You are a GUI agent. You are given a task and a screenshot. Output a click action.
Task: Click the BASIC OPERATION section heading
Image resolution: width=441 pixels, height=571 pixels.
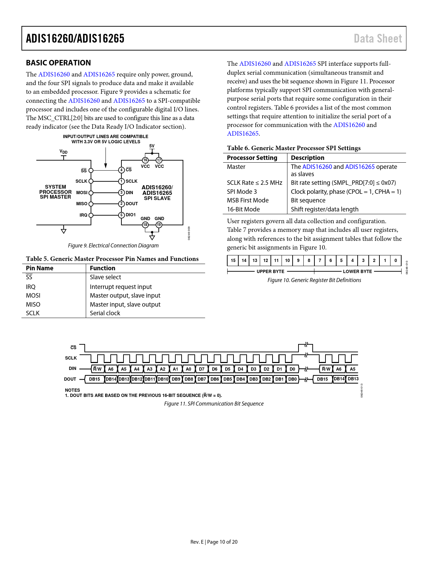click(x=58, y=63)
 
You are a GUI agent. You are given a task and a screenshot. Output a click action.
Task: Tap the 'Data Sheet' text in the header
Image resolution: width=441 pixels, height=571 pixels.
click(x=378, y=38)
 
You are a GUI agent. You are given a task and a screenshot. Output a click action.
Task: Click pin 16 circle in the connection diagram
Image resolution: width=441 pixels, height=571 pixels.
click(x=145, y=160)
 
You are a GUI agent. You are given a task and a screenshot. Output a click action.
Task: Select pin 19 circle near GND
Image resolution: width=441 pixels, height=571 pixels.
click(x=159, y=225)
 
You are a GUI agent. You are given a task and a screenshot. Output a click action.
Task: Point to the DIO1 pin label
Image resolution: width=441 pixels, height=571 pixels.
click(x=131, y=215)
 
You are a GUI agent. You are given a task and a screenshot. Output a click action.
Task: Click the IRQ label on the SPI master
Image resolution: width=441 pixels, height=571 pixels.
click(x=83, y=215)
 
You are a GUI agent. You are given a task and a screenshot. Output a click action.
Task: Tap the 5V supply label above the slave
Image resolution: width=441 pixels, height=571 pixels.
click(x=152, y=146)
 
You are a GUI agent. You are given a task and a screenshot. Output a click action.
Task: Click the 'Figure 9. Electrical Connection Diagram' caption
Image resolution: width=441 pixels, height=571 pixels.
click(x=113, y=246)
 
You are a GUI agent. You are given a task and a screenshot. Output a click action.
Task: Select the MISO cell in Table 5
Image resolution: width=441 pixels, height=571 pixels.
click(x=33, y=305)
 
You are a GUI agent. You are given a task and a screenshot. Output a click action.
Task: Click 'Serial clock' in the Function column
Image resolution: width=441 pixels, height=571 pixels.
click(x=105, y=313)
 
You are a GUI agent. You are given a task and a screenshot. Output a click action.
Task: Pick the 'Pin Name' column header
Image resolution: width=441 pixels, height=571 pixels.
click(x=39, y=268)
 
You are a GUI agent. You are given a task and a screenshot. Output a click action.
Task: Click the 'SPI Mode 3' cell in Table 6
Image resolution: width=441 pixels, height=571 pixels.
click(x=242, y=192)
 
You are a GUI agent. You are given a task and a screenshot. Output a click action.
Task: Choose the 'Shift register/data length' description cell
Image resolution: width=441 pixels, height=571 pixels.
click(x=324, y=209)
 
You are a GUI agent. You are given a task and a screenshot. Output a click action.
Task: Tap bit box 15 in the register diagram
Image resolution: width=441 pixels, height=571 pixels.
click(x=233, y=261)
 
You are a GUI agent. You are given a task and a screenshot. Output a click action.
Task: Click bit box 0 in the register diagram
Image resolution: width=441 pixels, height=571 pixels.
click(x=396, y=261)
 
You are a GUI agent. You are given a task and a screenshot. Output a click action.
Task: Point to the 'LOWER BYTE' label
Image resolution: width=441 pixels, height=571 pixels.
click(x=357, y=272)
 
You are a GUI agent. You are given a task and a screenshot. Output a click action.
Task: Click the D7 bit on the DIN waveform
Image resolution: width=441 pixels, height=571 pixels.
click(x=202, y=369)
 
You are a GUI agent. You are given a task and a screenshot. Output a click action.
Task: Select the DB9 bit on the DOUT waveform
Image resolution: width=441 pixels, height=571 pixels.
click(x=176, y=379)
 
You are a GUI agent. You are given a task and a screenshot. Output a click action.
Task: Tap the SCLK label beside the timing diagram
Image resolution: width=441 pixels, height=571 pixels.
click(x=71, y=358)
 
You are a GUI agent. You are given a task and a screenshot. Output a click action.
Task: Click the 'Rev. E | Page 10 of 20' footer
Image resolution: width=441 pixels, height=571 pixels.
click(x=214, y=542)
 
